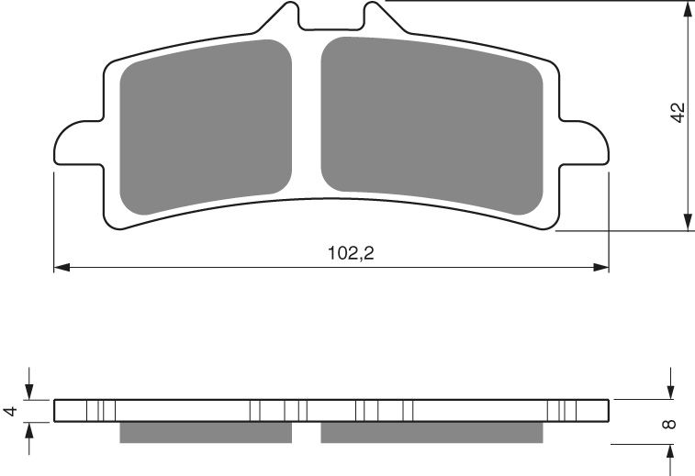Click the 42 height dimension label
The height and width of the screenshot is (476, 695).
(x=678, y=113)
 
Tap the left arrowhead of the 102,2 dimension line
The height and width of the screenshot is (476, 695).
(x=62, y=268)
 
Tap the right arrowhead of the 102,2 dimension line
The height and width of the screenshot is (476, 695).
(x=601, y=268)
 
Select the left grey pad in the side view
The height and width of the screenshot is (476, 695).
(x=205, y=432)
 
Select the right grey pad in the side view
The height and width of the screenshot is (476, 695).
(x=432, y=432)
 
